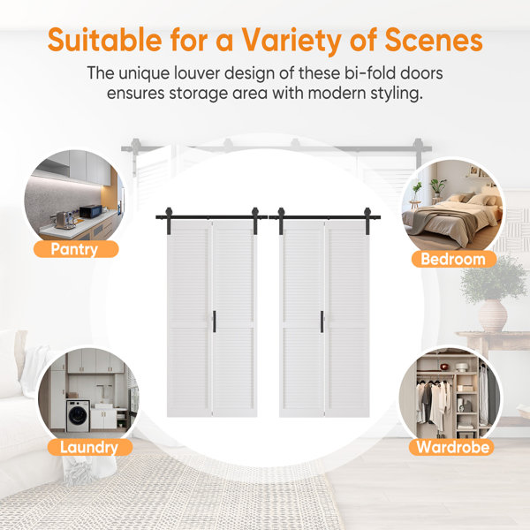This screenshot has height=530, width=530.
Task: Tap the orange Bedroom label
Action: pos(452,259)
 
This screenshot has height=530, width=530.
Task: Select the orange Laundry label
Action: pos(88,447)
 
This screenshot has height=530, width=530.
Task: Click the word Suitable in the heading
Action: pos(100,41)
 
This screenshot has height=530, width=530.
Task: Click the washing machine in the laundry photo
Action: pos(78,415)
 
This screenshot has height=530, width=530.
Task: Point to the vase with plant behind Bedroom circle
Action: pos(491,300)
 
